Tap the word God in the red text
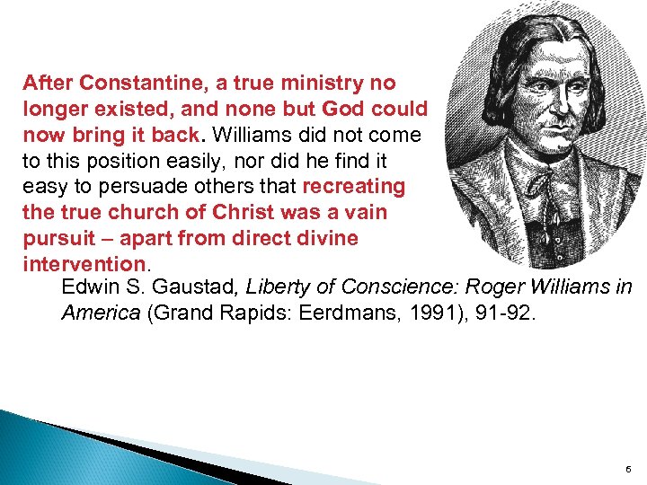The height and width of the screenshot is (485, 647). click(x=364, y=110)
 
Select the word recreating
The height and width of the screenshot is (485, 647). click(x=354, y=187)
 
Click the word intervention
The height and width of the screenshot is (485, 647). click(x=84, y=265)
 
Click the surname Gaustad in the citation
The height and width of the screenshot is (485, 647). click(x=189, y=287)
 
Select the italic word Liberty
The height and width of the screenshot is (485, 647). click(x=278, y=287)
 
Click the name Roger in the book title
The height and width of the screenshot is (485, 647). click(x=493, y=287)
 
